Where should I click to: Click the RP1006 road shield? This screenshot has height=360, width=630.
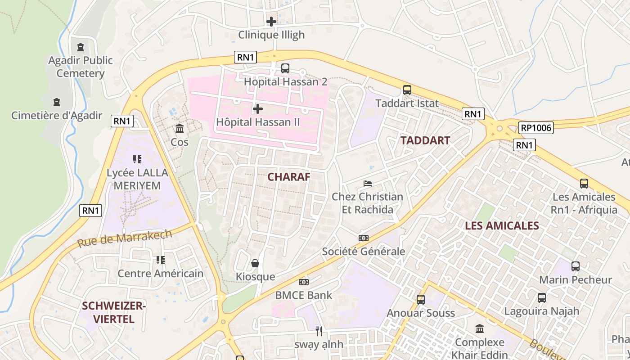535,128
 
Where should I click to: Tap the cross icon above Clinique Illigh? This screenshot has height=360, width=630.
271,21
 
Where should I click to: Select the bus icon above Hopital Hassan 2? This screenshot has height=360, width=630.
285,68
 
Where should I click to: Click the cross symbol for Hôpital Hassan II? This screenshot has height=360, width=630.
258,109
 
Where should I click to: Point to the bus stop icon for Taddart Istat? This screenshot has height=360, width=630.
407,90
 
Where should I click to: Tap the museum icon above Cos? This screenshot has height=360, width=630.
180,129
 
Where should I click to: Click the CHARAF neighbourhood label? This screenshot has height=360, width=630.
289,177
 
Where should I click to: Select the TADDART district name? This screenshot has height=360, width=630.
425,140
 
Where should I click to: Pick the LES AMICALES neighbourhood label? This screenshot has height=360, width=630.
502,226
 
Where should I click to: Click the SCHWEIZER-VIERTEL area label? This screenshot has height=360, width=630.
114,313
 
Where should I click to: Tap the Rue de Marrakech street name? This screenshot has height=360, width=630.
125,238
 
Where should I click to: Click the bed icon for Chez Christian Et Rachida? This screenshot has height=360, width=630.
368,184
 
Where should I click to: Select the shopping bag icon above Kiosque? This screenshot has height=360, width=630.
255,263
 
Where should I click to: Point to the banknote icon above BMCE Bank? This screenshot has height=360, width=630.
304,282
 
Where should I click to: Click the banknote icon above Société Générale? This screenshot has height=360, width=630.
363,238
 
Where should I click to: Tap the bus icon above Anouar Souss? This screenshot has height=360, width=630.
421,300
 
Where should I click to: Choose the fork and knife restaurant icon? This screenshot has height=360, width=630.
319,331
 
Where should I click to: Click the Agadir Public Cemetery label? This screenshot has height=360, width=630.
81,67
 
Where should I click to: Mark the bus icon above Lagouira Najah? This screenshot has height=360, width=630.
541,298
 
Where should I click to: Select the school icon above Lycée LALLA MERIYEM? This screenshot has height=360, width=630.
137,159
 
